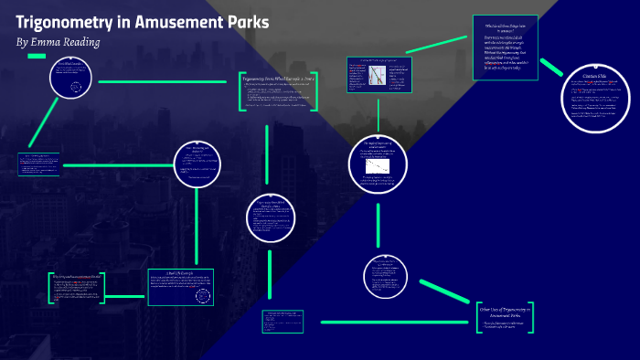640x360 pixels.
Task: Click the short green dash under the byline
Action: click(37, 56)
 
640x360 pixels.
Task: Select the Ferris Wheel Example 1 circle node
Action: click(70, 81)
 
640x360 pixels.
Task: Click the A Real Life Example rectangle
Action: click(180, 286)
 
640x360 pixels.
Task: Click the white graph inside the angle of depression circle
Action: click(376, 169)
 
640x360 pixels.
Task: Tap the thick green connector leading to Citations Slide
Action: click(551, 68)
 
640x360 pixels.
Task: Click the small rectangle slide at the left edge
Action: click(38, 163)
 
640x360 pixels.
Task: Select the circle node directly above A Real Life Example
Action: click(198, 163)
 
